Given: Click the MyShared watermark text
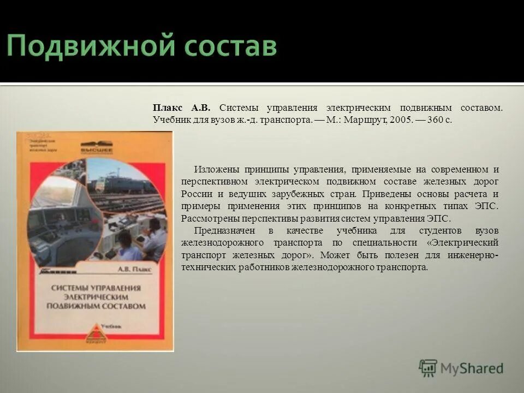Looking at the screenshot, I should [472, 368].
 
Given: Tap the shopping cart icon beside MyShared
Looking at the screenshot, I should [428, 368].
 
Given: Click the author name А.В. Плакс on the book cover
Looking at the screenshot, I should [135, 269].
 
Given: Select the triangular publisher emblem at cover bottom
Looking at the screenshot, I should [96, 332].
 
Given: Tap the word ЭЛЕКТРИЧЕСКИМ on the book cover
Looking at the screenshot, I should [96, 296].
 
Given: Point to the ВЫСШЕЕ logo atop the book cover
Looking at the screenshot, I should [97, 148].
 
